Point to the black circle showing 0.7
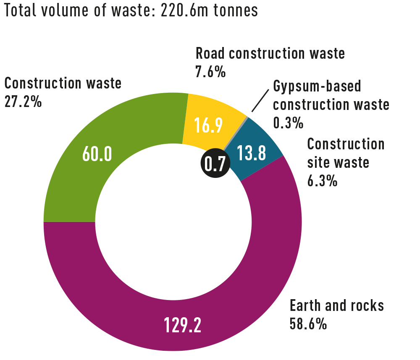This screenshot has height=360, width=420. pyautogui.click(x=215, y=163)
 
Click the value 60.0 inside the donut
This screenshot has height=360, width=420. pyautogui.click(x=97, y=154)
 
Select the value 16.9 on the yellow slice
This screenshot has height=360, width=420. pyautogui.click(x=208, y=125)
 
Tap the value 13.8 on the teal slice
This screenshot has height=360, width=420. pyautogui.click(x=251, y=153)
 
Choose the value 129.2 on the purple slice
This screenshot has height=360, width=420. pyautogui.click(x=182, y=325)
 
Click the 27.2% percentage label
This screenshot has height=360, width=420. pyautogui.click(x=23, y=102)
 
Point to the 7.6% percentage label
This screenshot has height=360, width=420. pyautogui.click(x=210, y=72)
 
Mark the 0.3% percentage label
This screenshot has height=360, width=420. pyautogui.click(x=288, y=123)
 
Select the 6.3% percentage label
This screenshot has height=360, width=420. pyautogui.click(x=322, y=180)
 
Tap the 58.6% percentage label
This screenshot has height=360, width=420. pyautogui.click(x=308, y=323)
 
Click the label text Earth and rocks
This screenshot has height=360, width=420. pyautogui.click(x=337, y=305)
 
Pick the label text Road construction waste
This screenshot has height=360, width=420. pyautogui.click(x=270, y=53)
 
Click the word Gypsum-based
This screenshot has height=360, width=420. pyautogui.click(x=317, y=86)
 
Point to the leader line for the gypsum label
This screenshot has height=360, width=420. pyautogui.click(x=260, y=101)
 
